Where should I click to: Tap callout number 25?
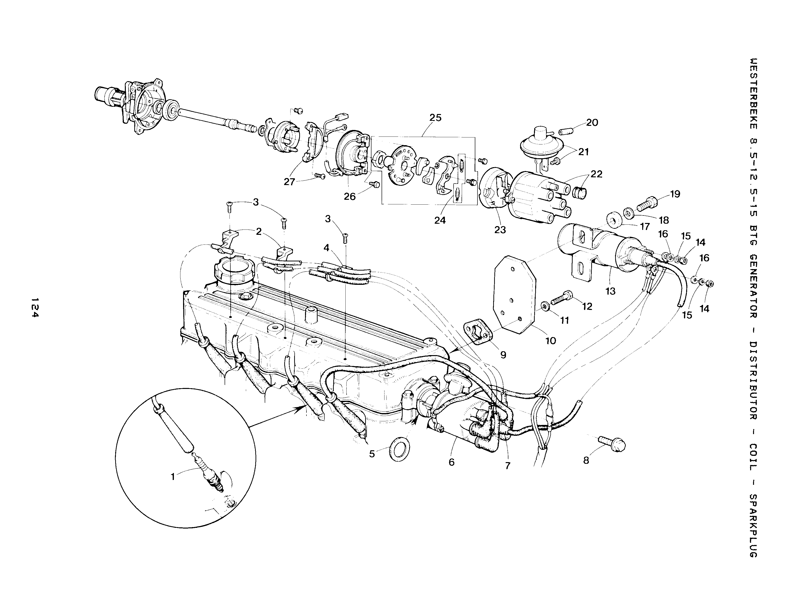point(435,118)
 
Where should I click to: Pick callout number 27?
point(289,182)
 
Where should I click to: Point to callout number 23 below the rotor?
point(500,230)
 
